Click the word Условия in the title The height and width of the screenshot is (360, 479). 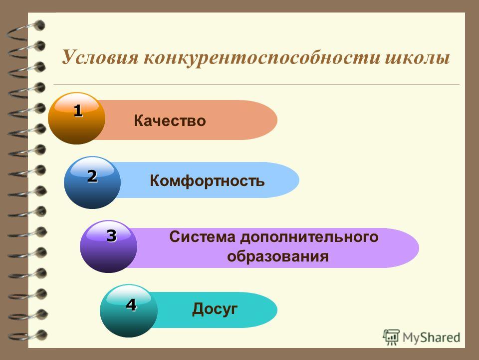pos(100,57)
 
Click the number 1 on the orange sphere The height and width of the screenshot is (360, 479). pos(78,110)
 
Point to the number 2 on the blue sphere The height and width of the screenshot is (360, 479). pos(92,176)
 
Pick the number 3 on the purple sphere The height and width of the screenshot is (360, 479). pos(111,235)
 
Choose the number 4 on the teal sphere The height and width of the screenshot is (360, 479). pos(131,305)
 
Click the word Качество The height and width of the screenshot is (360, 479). pos(170,120)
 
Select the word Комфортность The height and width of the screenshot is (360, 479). pos(207,180)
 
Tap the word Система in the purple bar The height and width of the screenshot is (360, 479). pos(202,237)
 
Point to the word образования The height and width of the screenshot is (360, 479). pos(278,256)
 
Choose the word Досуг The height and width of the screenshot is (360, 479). pos(215,309)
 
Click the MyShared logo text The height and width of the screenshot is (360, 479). pos(431,337)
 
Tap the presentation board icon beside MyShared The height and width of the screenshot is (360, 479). pos(391,337)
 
